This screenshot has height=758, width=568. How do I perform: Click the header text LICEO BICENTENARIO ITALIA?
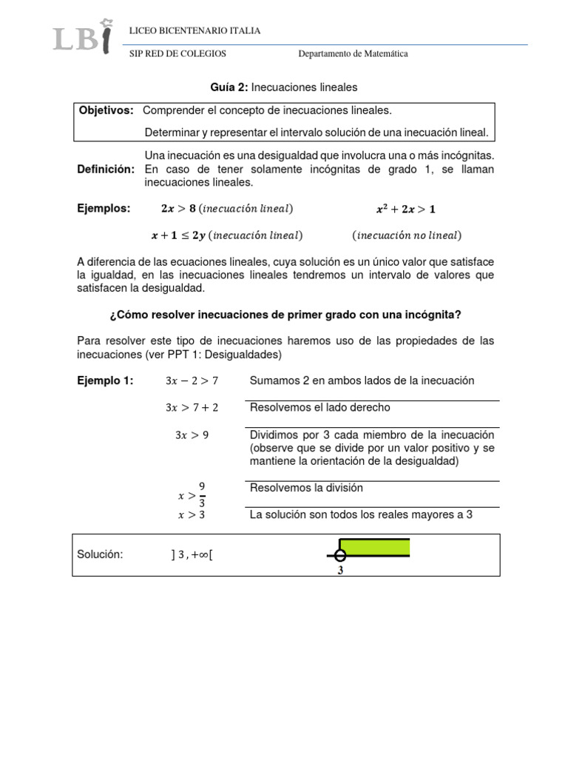[195, 31]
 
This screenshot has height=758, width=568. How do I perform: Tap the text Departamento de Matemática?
[353, 54]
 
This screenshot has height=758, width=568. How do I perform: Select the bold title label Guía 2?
[229, 87]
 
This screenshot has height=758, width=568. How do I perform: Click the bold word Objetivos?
[106, 110]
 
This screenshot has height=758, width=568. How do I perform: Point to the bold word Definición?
[106, 170]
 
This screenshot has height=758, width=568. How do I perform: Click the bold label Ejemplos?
[104, 209]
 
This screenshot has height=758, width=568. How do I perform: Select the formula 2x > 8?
[178, 209]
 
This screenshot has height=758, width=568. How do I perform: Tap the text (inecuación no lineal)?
[406, 235]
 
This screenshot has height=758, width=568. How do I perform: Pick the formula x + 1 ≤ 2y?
[178, 235]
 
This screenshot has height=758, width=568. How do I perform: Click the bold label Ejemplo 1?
[105, 380]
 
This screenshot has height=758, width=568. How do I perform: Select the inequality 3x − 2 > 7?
[192, 381]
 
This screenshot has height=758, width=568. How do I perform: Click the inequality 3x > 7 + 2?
[192, 408]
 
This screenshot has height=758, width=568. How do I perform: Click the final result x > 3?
[192, 515]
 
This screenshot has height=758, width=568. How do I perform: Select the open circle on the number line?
[339, 556]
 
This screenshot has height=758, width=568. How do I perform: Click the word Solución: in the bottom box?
[100, 554]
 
